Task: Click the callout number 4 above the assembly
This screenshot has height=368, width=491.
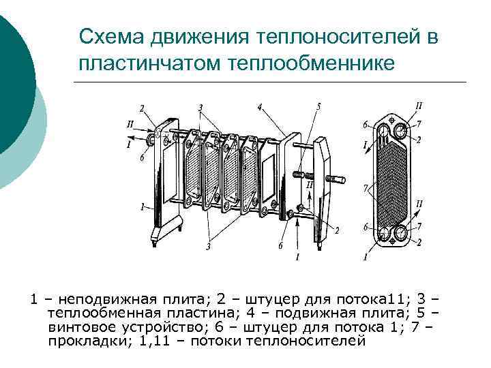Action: [260, 107]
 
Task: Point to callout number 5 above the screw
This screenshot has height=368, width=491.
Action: [318, 107]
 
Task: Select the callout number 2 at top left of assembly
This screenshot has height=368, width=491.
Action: [142, 108]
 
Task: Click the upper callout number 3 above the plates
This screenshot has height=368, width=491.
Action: [200, 108]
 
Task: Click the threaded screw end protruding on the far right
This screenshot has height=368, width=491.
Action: [339, 180]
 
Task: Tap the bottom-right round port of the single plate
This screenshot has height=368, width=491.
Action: [400, 234]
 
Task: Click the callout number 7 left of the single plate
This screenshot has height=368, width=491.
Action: [366, 186]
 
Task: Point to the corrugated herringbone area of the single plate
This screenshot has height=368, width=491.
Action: [392, 181]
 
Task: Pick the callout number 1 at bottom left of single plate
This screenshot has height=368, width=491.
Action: [365, 257]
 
